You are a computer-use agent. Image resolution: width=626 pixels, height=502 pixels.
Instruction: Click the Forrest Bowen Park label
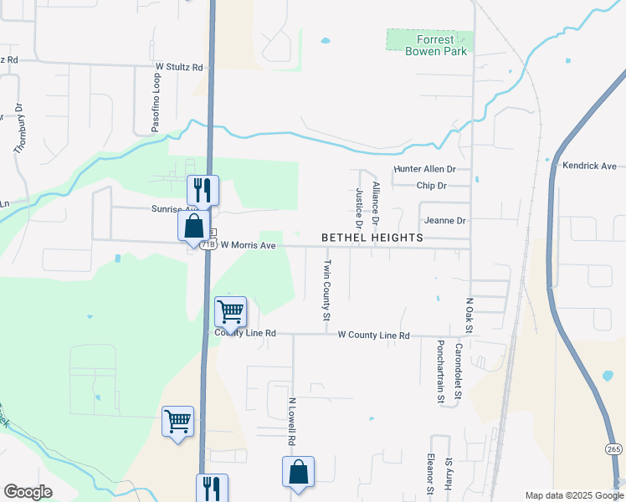429,45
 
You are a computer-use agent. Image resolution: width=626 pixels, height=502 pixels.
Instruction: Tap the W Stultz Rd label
179,67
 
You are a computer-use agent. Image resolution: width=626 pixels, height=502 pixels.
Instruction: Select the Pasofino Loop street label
156,103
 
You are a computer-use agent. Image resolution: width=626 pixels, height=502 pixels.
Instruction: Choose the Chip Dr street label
431,186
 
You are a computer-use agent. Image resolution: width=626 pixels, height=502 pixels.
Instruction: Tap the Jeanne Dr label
444,221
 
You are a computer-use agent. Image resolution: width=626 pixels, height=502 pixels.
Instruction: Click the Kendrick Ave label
589,166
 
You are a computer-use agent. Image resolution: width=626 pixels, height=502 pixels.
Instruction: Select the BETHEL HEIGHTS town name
372,238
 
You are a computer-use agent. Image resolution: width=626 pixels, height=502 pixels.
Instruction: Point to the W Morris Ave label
248,246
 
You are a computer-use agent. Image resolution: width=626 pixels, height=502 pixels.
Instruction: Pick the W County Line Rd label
373,336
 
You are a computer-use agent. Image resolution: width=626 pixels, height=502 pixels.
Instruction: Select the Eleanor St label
429,474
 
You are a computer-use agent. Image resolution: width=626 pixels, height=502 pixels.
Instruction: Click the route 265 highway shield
613,449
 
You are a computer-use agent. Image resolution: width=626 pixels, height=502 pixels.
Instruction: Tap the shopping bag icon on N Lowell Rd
299,474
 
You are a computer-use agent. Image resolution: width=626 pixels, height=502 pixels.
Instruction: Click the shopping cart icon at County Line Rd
230,312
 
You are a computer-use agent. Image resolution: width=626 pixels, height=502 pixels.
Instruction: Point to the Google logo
28,492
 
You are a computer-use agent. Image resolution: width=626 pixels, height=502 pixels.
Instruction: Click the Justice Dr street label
359,207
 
